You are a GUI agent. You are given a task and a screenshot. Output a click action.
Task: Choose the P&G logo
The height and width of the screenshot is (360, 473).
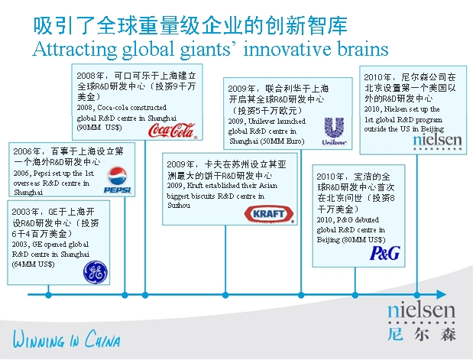pyautogui.click(x=385, y=253)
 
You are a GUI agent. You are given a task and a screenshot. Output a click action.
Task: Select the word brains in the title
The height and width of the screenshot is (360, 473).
pyautogui.click(x=359, y=50)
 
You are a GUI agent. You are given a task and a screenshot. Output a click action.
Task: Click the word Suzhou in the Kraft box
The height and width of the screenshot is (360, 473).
pyautogui.click(x=178, y=206)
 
